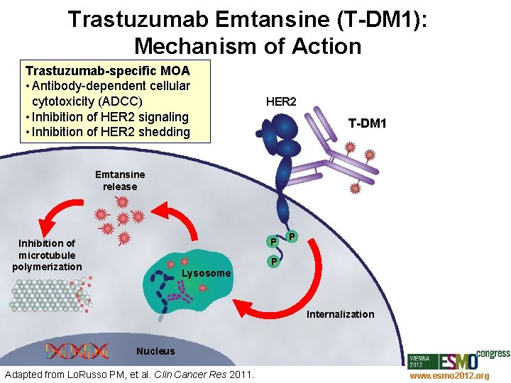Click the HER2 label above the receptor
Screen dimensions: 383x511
point(280,102)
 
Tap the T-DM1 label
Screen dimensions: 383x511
point(367,123)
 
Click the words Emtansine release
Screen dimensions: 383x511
point(119,180)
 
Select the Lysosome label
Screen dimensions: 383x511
point(207,273)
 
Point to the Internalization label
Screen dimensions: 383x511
point(340,314)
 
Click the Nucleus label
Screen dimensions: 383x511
point(155,351)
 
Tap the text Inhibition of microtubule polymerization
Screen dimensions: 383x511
point(47,255)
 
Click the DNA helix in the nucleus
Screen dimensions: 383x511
point(77,350)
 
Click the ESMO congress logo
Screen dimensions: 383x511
point(461,359)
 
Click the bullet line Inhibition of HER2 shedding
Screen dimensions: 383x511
point(106,132)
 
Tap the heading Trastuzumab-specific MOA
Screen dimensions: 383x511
point(107,71)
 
